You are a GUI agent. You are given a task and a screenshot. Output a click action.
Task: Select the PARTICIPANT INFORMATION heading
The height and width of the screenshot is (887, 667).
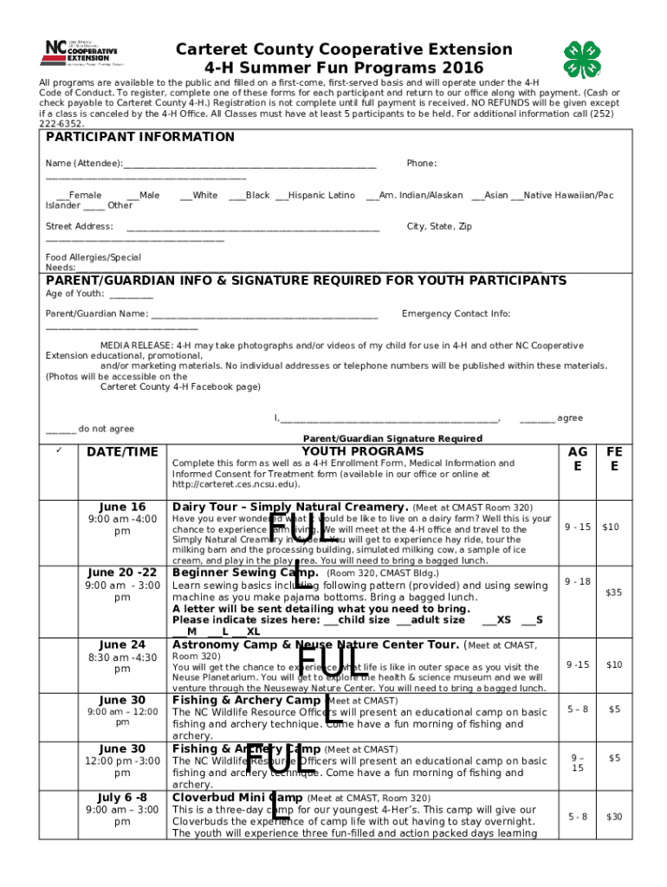139,137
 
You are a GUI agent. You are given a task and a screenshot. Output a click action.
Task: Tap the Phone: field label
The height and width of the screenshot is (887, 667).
421,164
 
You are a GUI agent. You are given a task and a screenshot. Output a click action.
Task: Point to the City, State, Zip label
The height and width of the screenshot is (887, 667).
439,226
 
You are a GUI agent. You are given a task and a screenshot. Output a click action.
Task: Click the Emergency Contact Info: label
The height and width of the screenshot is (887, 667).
456,314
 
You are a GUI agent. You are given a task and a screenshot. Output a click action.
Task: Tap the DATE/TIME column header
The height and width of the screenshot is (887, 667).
122,451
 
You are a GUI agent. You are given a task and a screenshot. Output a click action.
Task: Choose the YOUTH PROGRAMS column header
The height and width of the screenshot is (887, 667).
363,451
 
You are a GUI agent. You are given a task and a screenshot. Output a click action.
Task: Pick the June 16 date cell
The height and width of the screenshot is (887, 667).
122,507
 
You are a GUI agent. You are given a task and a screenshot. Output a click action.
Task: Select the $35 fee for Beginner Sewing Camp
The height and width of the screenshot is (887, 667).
614,592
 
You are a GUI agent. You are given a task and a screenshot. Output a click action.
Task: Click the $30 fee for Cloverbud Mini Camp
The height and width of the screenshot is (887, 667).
614,816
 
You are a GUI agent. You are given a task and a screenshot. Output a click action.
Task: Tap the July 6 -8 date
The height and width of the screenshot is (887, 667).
122,797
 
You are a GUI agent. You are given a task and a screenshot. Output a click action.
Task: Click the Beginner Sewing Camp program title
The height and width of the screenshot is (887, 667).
246,573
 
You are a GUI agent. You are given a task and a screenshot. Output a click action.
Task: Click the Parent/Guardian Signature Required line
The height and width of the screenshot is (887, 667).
392,438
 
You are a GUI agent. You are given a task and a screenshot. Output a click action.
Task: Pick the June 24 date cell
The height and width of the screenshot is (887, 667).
122,644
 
